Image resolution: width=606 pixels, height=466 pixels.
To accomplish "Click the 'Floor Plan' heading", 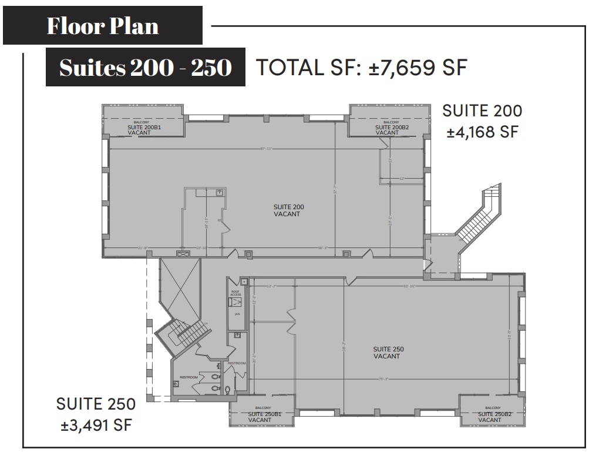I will pyautogui.click(x=103, y=26).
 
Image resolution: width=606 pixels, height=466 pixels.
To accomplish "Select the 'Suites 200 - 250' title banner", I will pyautogui.click(x=146, y=68).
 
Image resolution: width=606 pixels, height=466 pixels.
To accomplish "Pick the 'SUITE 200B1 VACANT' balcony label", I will pyautogui.click(x=139, y=129).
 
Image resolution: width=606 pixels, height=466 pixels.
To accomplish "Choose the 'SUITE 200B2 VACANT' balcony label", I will pyautogui.click(x=387, y=129).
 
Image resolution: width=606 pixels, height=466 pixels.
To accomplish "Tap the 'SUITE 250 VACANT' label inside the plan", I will pyautogui.click(x=388, y=353).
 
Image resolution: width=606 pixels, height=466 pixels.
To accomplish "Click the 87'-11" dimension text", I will pyautogui.click(x=268, y=149).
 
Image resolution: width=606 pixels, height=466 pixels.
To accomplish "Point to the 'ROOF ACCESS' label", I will pyautogui.click(x=235, y=293).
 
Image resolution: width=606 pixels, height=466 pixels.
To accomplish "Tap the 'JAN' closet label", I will pyautogui.click(x=237, y=314).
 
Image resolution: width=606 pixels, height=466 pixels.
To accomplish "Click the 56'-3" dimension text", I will pyautogui.click(x=323, y=247).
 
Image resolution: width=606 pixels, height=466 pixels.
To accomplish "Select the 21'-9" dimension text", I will pyautogui.click(x=142, y=247).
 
